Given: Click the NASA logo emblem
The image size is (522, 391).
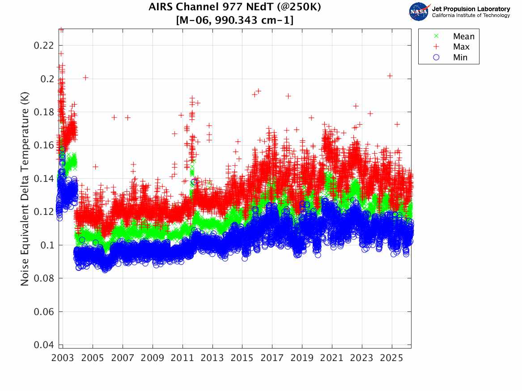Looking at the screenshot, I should tap(420, 12).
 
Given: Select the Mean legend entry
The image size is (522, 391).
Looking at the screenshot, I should tap(463, 37).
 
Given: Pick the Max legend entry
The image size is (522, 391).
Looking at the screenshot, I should tap(461, 47).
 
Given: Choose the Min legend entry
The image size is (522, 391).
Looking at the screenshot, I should tap(460, 57).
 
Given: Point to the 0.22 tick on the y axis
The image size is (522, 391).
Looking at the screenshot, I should tap(44, 46).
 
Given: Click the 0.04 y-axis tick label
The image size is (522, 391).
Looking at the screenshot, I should tap(44, 345).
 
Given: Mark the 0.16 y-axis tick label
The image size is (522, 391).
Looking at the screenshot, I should tap(44, 145).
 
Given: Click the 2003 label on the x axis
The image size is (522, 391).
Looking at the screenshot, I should tap(63, 358).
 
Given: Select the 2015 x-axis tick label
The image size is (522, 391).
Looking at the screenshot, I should tap(242, 358).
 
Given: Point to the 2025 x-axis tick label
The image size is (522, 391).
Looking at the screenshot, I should tap(391, 358).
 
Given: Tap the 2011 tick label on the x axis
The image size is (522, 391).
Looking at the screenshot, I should tap(182, 358).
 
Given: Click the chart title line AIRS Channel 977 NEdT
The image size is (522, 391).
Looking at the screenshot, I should tap(234, 8).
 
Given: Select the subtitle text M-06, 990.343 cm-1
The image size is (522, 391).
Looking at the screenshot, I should tap(234, 20).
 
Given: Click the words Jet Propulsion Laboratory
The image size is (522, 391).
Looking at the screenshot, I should tap(471, 9).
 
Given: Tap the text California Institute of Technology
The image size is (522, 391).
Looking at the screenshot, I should tap(471, 16).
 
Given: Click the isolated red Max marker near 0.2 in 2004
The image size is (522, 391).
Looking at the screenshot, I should tap(85, 78).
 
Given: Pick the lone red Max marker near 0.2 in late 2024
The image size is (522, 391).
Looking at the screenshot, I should tap(390, 76).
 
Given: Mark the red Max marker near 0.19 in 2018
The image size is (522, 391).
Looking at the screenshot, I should tap(289, 96).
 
